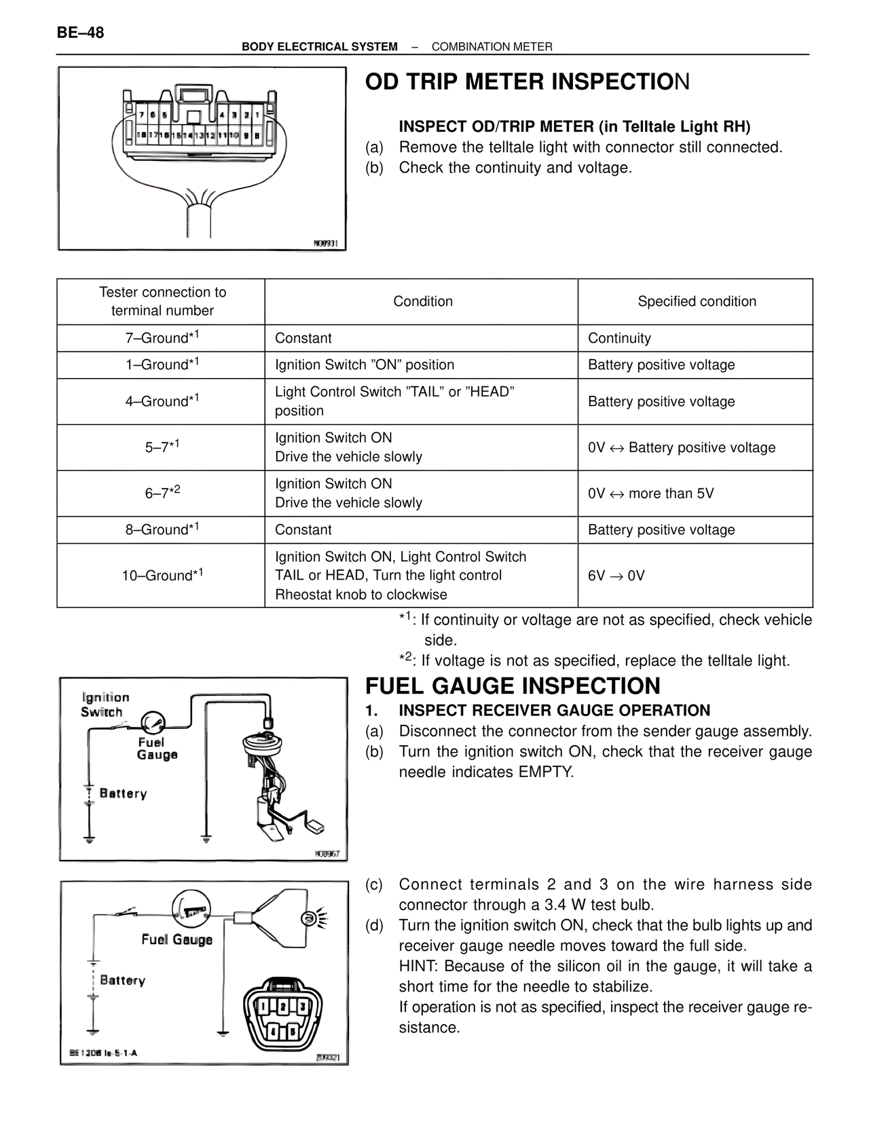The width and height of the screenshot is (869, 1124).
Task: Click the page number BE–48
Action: (x=81, y=33)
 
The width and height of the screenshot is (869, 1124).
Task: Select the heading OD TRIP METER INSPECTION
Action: (x=527, y=82)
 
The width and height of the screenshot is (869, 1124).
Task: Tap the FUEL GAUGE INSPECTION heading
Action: (x=513, y=686)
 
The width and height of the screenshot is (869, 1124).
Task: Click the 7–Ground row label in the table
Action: (x=162, y=337)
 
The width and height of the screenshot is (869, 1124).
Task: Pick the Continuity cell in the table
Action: (x=619, y=338)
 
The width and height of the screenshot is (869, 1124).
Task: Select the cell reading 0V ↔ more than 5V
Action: (x=650, y=493)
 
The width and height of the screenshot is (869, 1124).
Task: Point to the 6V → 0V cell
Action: (x=616, y=576)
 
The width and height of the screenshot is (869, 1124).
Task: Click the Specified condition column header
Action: (x=697, y=301)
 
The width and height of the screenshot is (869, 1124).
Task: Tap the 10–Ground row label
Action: (x=162, y=576)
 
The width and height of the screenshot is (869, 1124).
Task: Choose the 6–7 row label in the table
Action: (x=162, y=493)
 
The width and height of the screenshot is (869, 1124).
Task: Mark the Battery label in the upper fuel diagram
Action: (x=123, y=793)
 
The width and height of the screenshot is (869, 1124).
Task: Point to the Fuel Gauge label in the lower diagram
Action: (x=177, y=939)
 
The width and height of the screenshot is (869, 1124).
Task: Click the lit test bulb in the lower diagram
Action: (x=312, y=918)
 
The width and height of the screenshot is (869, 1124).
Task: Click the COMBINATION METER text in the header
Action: (x=492, y=47)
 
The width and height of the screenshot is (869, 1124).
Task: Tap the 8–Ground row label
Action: (x=162, y=529)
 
